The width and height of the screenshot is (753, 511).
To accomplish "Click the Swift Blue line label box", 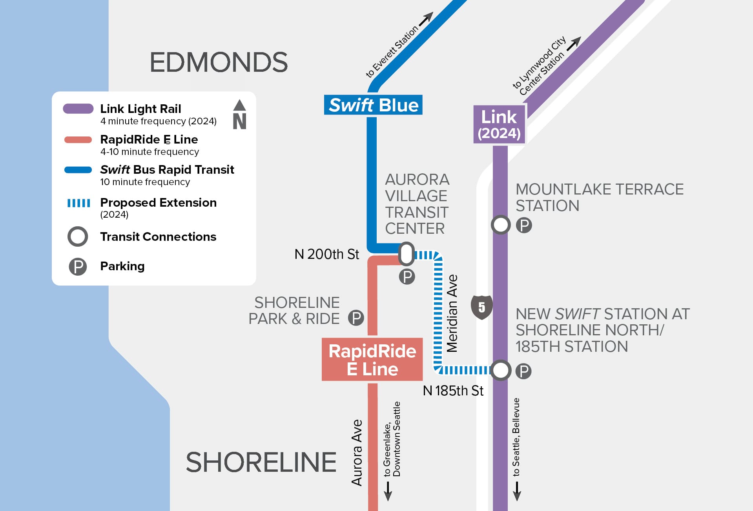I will point(373,105).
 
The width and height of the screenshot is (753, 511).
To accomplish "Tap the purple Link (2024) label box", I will point(499,124).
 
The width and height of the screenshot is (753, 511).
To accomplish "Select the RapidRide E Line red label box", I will point(372,360).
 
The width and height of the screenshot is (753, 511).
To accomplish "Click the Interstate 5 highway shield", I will point(482,307).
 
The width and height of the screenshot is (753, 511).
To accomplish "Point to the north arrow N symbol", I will point(239,115).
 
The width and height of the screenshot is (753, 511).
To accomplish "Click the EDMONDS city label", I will point(219,62).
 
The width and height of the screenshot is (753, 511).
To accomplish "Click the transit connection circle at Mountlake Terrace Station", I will point(501,225).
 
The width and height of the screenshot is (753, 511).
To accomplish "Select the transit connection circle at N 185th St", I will point(501,370).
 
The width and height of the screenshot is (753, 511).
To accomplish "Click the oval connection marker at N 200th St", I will point(407,254).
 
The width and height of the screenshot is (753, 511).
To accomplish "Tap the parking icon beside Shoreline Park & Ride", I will point(356,318).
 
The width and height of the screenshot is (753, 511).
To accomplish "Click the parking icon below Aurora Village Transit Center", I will point(407,277).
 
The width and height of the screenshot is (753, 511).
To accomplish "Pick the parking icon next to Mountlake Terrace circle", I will point(524,225).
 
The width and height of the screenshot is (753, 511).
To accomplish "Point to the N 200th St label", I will point(326,254).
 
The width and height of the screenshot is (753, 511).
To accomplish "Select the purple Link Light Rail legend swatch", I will point(78,109).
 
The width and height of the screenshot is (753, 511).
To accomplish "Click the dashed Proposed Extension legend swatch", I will point(78,203).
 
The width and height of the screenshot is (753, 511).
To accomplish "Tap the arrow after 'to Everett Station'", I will point(426,18).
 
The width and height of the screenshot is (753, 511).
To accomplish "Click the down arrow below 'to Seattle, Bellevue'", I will point(517,491).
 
